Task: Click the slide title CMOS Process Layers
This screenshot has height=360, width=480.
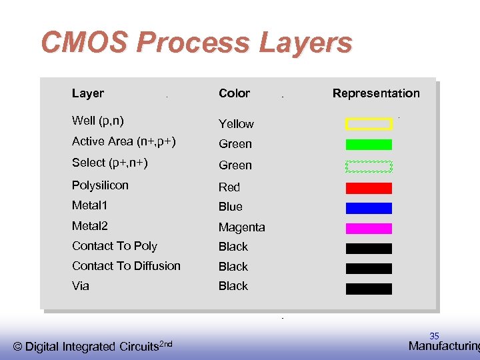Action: pyautogui.click(x=196, y=43)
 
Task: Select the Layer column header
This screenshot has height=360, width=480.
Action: pyautogui.click(x=88, y=93)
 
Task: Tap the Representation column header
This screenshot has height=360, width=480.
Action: pyautogui.click(x=376, y=93)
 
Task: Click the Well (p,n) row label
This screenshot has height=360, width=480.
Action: pyautogui.click(x=97, y=121)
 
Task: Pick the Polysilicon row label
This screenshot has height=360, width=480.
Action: pyautogui.click(x=100, y=185)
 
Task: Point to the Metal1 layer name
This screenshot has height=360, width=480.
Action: pyautogui.click(x=89, y=205)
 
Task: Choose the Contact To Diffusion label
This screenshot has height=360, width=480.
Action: pyautogui.click(x=126, y=266)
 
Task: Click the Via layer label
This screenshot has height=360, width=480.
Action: pyautogui.click(x=81, y=286)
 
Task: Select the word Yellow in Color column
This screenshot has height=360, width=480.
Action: pyautogui.click(x=236, y=124)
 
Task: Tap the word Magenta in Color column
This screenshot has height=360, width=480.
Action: pyautogui.click(x=241, y=227)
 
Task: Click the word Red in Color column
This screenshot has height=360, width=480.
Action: pyautogui.click(x=229, y=187)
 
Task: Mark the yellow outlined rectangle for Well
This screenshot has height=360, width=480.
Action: pyautogui.click(x=369, y=123)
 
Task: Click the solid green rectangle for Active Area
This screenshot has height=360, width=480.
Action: pyautogui.click(x=369, y=144)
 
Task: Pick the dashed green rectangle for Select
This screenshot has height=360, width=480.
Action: pyautogui.click(x=369, y=167)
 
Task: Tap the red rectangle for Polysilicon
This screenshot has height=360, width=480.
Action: pyautogui.click(x=369, y=188)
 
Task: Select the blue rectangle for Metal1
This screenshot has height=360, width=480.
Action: pyautogui.click(x=369, y=208)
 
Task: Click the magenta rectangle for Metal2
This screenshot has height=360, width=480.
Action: pyautogui.click(x=369, y=228)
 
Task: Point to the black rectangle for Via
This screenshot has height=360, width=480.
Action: pyautogui.click(x=369, y=289)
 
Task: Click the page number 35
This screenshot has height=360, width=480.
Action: pyautogui.click(x=434, y=336)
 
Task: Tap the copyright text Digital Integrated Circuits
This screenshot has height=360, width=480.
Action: pyautogui.click(x=93, y=346)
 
